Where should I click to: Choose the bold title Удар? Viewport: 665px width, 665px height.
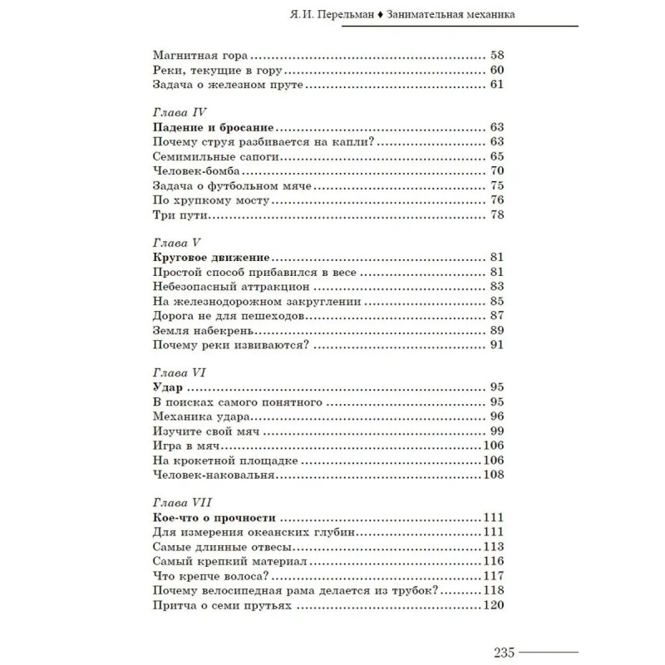pos(168,387)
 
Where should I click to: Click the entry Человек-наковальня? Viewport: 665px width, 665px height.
pos(214,475)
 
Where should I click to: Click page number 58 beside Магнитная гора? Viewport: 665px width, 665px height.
pos(498,54)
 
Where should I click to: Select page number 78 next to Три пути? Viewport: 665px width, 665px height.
pos(498,215)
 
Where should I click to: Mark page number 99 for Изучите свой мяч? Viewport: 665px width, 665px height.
pos(498,431)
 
